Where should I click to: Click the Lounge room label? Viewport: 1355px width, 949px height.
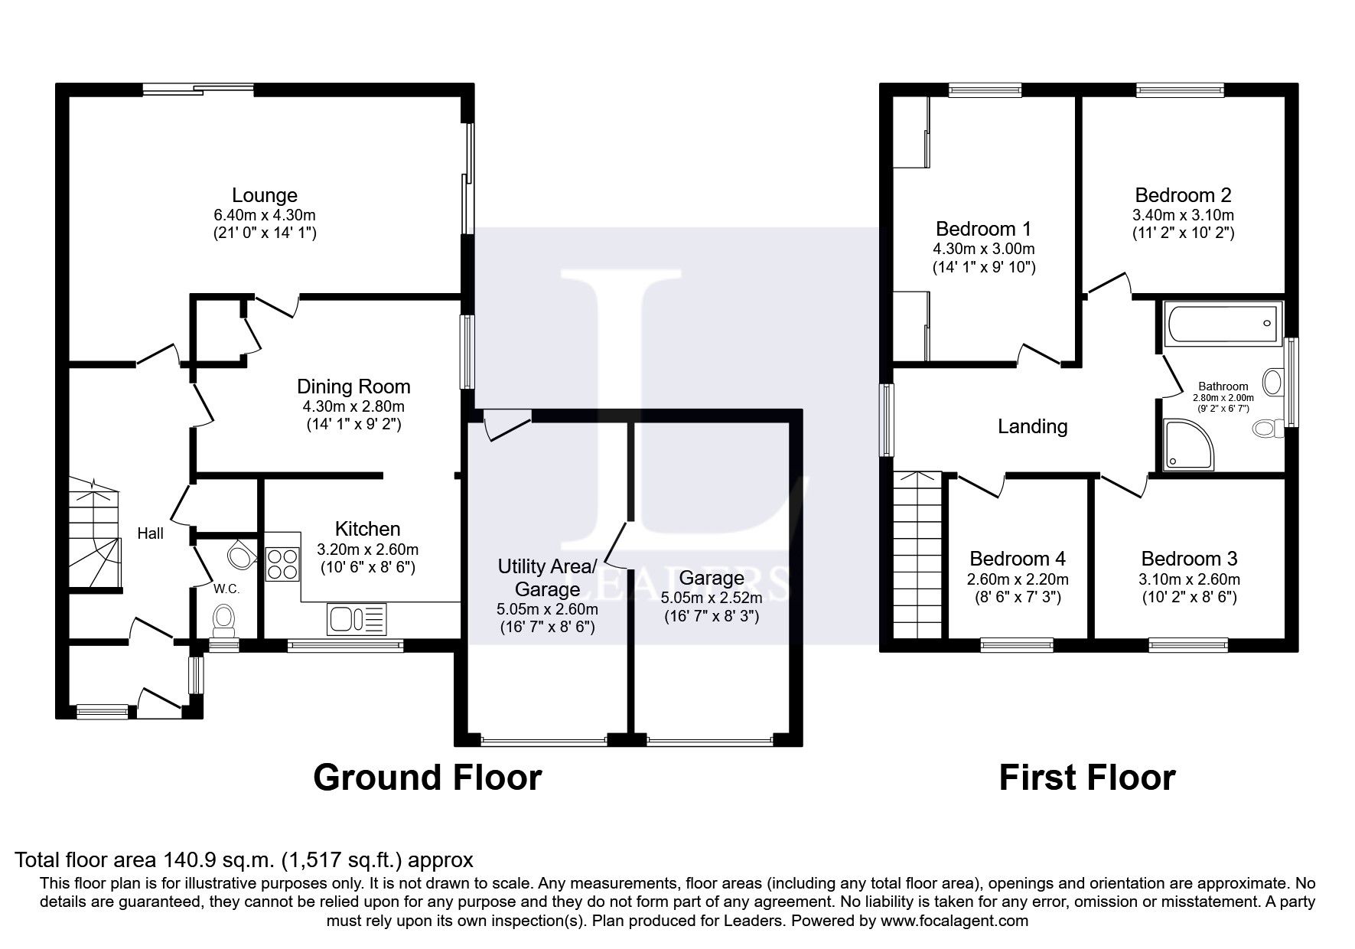tap(265, 195)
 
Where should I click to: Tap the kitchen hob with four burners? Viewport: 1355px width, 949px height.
tap(282, 564)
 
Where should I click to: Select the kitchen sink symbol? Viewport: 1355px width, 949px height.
tap(357, 618)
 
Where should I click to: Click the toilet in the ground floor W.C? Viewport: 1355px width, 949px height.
tap(224, 618)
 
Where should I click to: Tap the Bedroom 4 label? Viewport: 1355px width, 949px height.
tap(1017, 559)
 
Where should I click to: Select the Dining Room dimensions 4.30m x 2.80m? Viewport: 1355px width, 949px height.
tap(353, 406)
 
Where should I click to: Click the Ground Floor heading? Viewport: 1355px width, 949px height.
tap(427, 778)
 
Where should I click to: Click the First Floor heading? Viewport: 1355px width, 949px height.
tap(1086, 778)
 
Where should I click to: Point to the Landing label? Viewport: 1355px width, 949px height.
tap(1032, 426)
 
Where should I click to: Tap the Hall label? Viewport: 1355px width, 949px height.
tap(151, 533)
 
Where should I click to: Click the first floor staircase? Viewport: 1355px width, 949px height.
tap(917, 555)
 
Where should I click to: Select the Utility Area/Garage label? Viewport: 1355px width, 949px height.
tap(546, 578)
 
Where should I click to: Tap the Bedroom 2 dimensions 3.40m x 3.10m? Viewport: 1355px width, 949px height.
tap(1183, 215)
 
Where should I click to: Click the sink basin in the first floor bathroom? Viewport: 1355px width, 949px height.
tap(1273, 381)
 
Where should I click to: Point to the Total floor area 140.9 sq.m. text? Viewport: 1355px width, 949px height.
tap(244, 859)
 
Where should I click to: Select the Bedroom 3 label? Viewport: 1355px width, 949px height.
tap(1189, 559)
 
